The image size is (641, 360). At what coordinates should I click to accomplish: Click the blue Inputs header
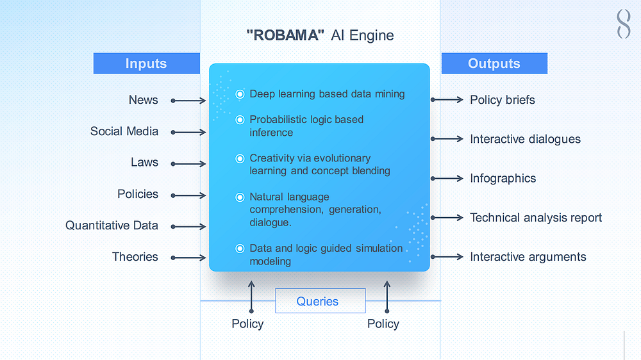tap(146, 63)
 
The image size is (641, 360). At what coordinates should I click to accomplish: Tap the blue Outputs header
tap(494, 63)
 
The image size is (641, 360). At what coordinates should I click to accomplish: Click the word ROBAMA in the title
tap(283, 35)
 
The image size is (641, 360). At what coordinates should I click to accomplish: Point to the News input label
tap(143, 100)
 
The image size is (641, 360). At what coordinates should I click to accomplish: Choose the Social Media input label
tap(124, 131)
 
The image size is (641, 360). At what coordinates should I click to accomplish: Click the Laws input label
tap(144, 163)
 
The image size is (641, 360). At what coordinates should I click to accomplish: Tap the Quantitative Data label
tap(112, 225)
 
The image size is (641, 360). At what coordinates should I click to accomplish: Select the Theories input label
tap(135, 257)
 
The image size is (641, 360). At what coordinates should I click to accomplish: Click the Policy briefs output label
tap(502, 100)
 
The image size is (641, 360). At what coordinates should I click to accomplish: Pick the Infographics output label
tap(503, 178)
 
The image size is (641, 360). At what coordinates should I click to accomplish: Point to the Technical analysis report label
tap(536, 218)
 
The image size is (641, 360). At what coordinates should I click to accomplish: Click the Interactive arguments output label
tap(528, 257)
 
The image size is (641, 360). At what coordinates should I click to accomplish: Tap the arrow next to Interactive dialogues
tap(447, 139)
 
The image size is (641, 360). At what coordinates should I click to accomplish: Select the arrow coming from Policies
tap(188, 195)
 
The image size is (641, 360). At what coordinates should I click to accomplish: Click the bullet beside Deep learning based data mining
tap(240, 94)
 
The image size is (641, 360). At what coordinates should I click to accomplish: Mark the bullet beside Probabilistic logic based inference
tap(240, 120)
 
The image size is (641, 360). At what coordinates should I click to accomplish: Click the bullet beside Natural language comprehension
tap(240, 197)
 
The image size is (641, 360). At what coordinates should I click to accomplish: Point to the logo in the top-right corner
tap(623, 24)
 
